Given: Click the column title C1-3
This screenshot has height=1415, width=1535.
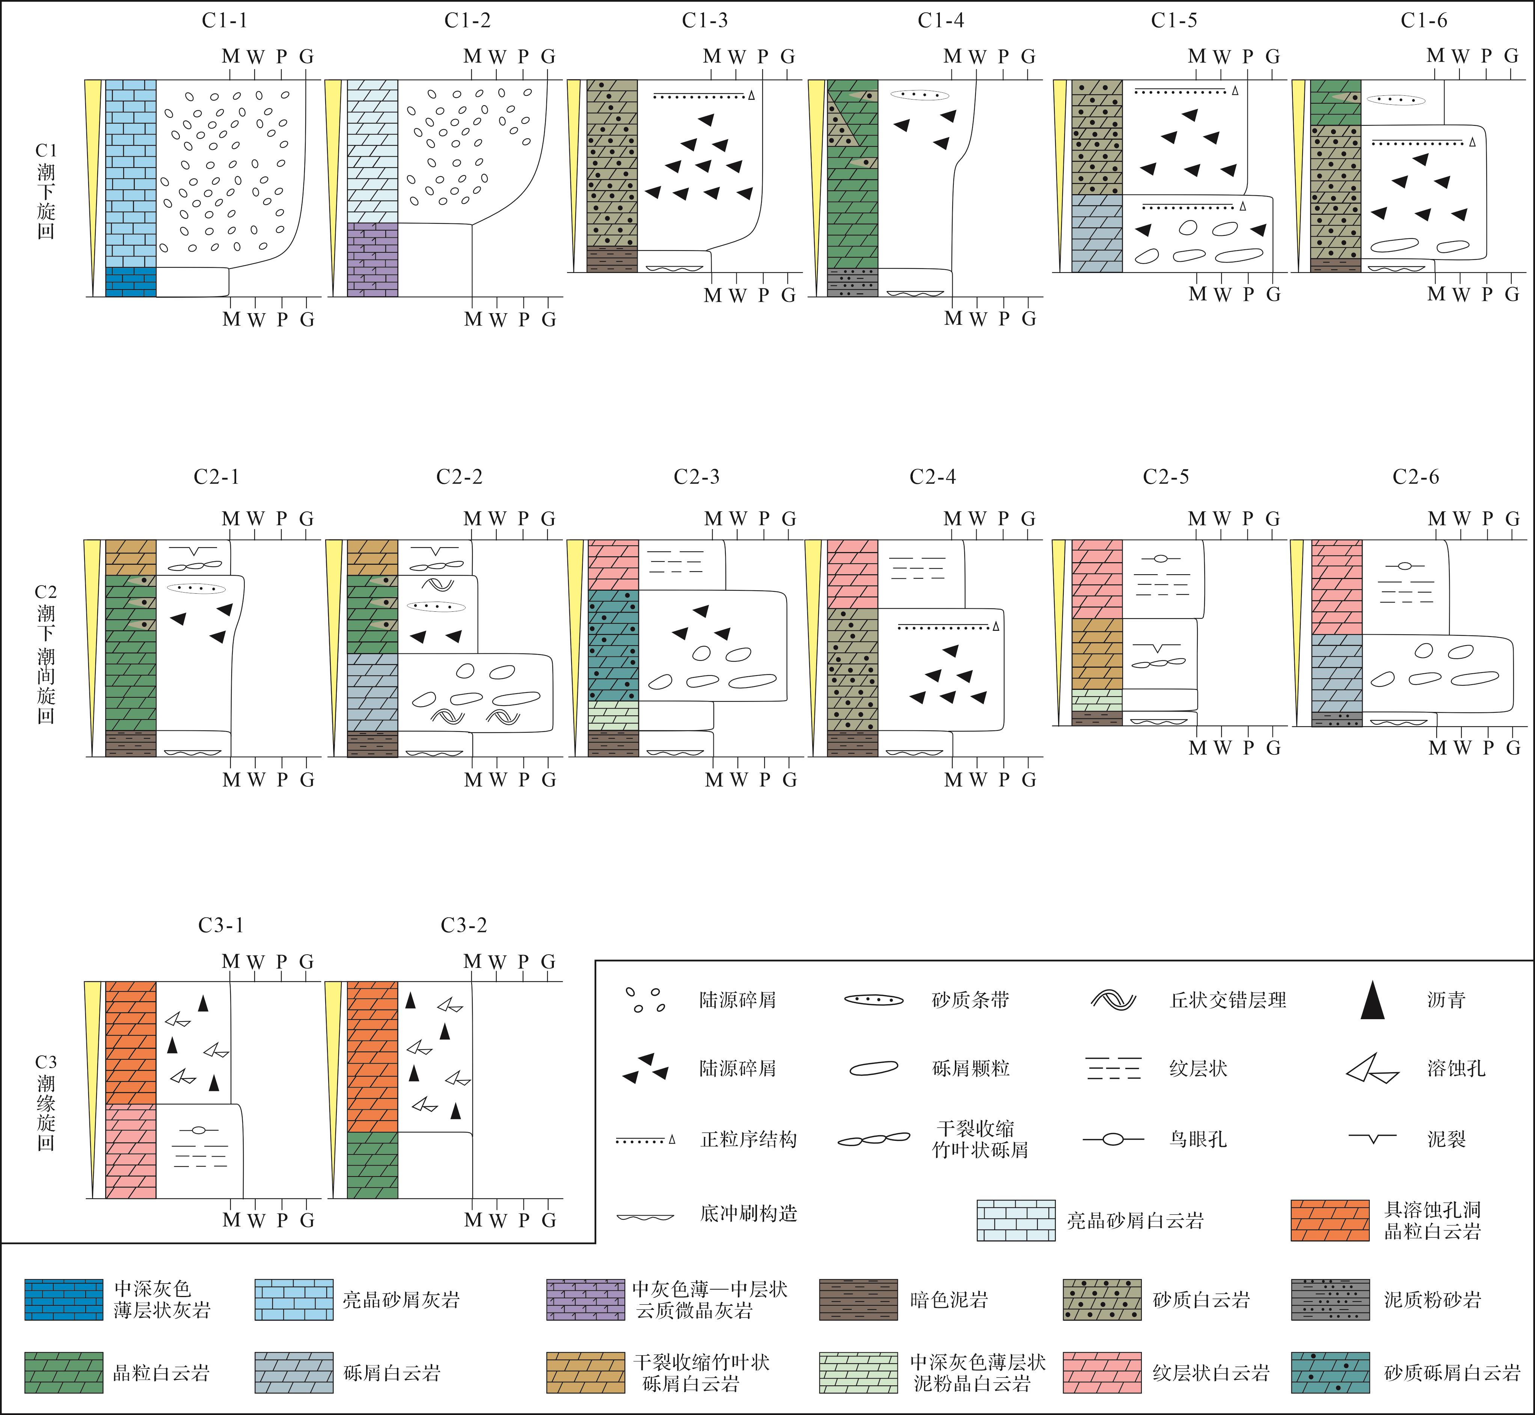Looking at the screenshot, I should point(704,21).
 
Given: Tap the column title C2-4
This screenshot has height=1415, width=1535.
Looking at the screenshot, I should point(932,477).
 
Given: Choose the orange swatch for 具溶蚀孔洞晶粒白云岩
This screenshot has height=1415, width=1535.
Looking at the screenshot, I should point(1330,1220).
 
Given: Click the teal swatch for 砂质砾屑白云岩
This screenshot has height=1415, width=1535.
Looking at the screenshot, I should point(1330,1373).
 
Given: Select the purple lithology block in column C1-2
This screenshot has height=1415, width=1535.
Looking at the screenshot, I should point(373,259).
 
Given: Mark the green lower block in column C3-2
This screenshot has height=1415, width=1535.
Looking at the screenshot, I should point(373,1165).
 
